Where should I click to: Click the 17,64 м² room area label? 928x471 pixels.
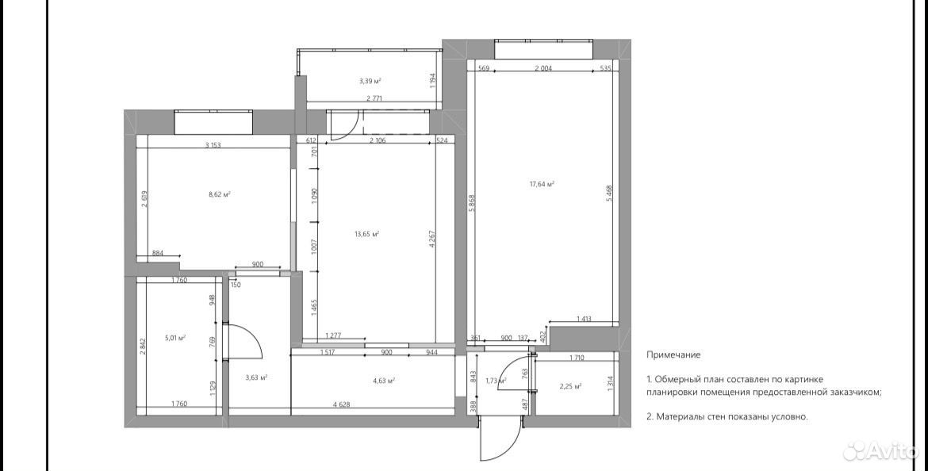542,184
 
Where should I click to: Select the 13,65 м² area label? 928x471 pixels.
367,234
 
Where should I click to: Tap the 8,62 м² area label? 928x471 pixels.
219,194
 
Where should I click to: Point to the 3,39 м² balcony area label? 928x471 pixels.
370,80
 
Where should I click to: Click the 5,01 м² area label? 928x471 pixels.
175,338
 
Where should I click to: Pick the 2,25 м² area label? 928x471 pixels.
570,386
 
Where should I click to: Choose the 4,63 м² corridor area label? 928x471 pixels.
384,381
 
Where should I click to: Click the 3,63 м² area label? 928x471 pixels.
256,377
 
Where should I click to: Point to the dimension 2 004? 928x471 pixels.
543,69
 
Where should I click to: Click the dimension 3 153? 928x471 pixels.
213,145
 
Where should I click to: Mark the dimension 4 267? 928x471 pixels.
432,239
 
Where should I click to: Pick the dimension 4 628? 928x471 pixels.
342,404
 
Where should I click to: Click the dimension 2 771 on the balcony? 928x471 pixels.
376,98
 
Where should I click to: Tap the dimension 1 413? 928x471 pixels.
584,320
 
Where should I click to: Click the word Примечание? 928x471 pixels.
673,355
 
